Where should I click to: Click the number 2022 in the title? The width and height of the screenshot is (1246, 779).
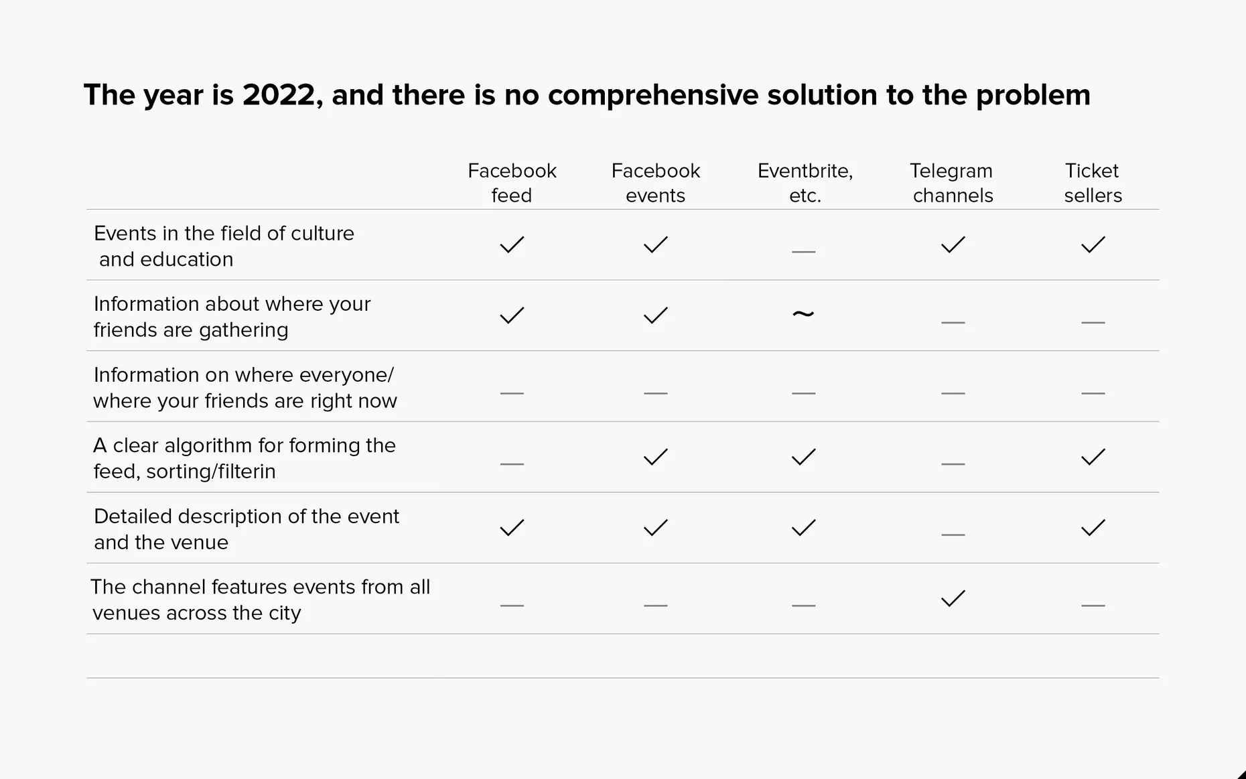point(278,95)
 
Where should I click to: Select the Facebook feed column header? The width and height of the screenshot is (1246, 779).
point(512,183)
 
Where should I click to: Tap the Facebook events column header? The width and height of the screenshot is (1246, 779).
point(655,183)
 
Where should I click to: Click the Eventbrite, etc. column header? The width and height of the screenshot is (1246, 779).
point(805,183)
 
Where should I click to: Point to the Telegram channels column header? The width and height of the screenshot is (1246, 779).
point(952,183)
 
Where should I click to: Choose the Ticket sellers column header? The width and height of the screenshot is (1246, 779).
point(1093,183)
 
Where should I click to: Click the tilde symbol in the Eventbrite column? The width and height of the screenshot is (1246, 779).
point(803,313)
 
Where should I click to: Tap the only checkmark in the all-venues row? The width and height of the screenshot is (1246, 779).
point(953,598)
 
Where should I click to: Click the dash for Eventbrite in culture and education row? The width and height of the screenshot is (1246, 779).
point(803,252)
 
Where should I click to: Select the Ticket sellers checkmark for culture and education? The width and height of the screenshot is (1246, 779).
point(1093,244)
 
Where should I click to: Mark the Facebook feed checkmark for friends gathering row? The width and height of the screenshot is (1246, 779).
point(512,315)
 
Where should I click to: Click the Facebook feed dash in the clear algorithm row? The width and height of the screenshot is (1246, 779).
point(512,464)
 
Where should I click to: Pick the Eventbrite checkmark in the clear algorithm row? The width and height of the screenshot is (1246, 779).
point(803,457)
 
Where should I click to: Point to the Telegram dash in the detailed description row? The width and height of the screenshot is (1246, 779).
point(953,535)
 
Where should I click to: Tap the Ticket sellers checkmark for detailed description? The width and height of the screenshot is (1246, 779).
point(1093,528)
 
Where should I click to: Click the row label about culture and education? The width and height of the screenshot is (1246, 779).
point(224,246)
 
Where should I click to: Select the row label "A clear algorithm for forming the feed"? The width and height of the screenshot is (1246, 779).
point(245,458)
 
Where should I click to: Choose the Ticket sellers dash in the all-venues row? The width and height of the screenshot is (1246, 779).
point(1093,606)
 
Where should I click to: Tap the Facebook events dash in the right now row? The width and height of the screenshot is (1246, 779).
point(655,393)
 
